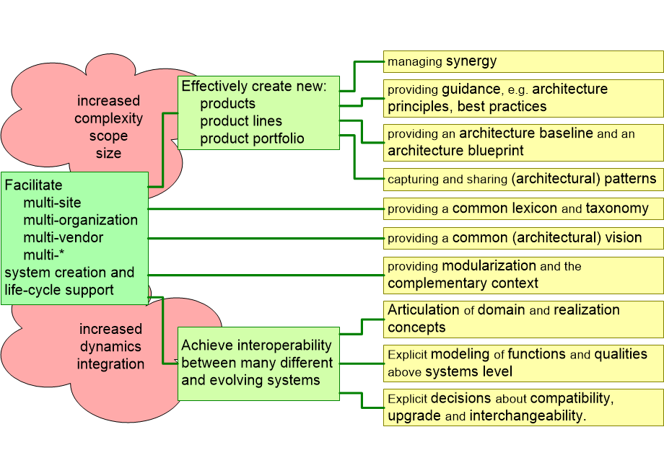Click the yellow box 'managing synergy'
523,61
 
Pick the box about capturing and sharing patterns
523,179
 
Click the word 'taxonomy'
617,208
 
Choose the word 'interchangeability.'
528,416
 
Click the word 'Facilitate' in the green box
34,185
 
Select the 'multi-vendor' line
64,237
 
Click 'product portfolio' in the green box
252,138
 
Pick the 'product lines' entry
241,121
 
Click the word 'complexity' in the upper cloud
109,118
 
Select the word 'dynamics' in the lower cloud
110,347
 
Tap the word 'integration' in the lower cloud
110,364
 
